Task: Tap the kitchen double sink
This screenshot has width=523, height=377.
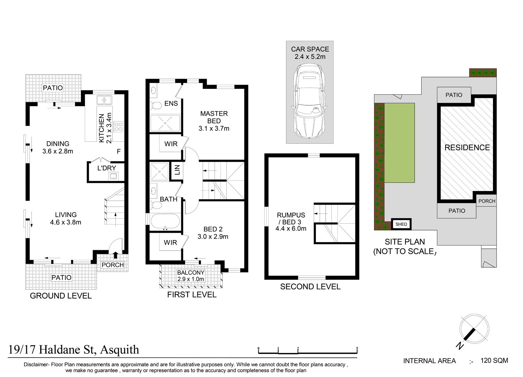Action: coord(104,100)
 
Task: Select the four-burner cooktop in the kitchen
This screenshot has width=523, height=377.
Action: coord(119,127)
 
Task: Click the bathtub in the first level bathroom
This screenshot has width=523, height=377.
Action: coord(165,221)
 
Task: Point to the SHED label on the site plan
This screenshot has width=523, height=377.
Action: coord(401,224)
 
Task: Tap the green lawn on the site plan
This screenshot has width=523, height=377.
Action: coord(400,143)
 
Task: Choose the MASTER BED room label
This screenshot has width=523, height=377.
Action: coord(214,117)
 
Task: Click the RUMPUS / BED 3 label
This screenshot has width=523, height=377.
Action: coord(291,218)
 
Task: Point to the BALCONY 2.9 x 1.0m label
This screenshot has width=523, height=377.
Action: coord(191,276)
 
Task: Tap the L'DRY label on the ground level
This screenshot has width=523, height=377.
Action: coord(107,168)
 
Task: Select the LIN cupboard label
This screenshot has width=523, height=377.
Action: coord(177,170)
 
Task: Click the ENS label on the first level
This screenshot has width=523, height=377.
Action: coord(171,103)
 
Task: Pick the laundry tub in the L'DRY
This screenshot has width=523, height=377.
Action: coord(113,176)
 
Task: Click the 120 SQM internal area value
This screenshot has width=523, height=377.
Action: coord(494,360)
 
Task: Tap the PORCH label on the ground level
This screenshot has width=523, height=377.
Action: coord(113,265)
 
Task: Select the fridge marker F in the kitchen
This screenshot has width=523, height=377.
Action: coord(119,152)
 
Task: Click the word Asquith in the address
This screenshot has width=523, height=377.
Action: coord(120,350)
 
